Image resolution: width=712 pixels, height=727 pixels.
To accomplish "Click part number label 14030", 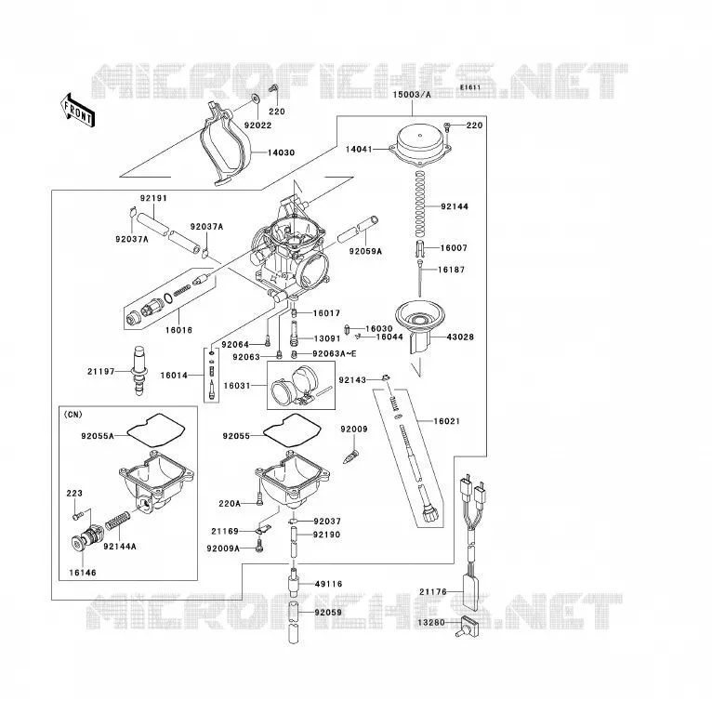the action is pyautogui.click(x=281, y=152).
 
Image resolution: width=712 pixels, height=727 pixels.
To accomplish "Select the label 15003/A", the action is pyautogui.click(x=412, y=95).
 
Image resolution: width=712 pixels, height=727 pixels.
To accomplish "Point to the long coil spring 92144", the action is pyautogui.click(x=419, y=202).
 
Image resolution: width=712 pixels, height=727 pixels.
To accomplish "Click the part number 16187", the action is pyautogui.click(x=451, y=270).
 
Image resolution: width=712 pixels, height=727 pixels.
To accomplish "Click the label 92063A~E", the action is pyautogui.click(x=335, y=354).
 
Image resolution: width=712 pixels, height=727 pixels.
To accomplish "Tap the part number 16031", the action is pyautogui.click(x=237, y=385).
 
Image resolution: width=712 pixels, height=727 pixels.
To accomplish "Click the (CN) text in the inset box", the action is pyautogui.click(x=73, y=415).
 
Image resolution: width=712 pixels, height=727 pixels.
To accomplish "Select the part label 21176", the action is pyautogui.click(x=433, y=591).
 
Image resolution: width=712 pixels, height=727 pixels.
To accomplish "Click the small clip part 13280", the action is pyautogui.click(x=467, y=626).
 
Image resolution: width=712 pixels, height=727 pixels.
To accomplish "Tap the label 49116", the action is pyautogui.click(x=328, y=584).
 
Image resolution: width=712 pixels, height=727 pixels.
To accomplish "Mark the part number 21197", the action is pyautogui.click(x=100, y=371).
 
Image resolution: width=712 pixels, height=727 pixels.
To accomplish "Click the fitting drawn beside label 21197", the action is pyautogui.click(x=139, y=370).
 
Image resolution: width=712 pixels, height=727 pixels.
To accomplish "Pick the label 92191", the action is pyautogui.click(x=153, y=198).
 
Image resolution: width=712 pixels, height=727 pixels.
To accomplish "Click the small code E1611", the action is pyautogui.click(x=470, y=87).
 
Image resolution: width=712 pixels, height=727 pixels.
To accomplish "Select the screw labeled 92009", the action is pyautogui.click(x=350, y=456).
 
